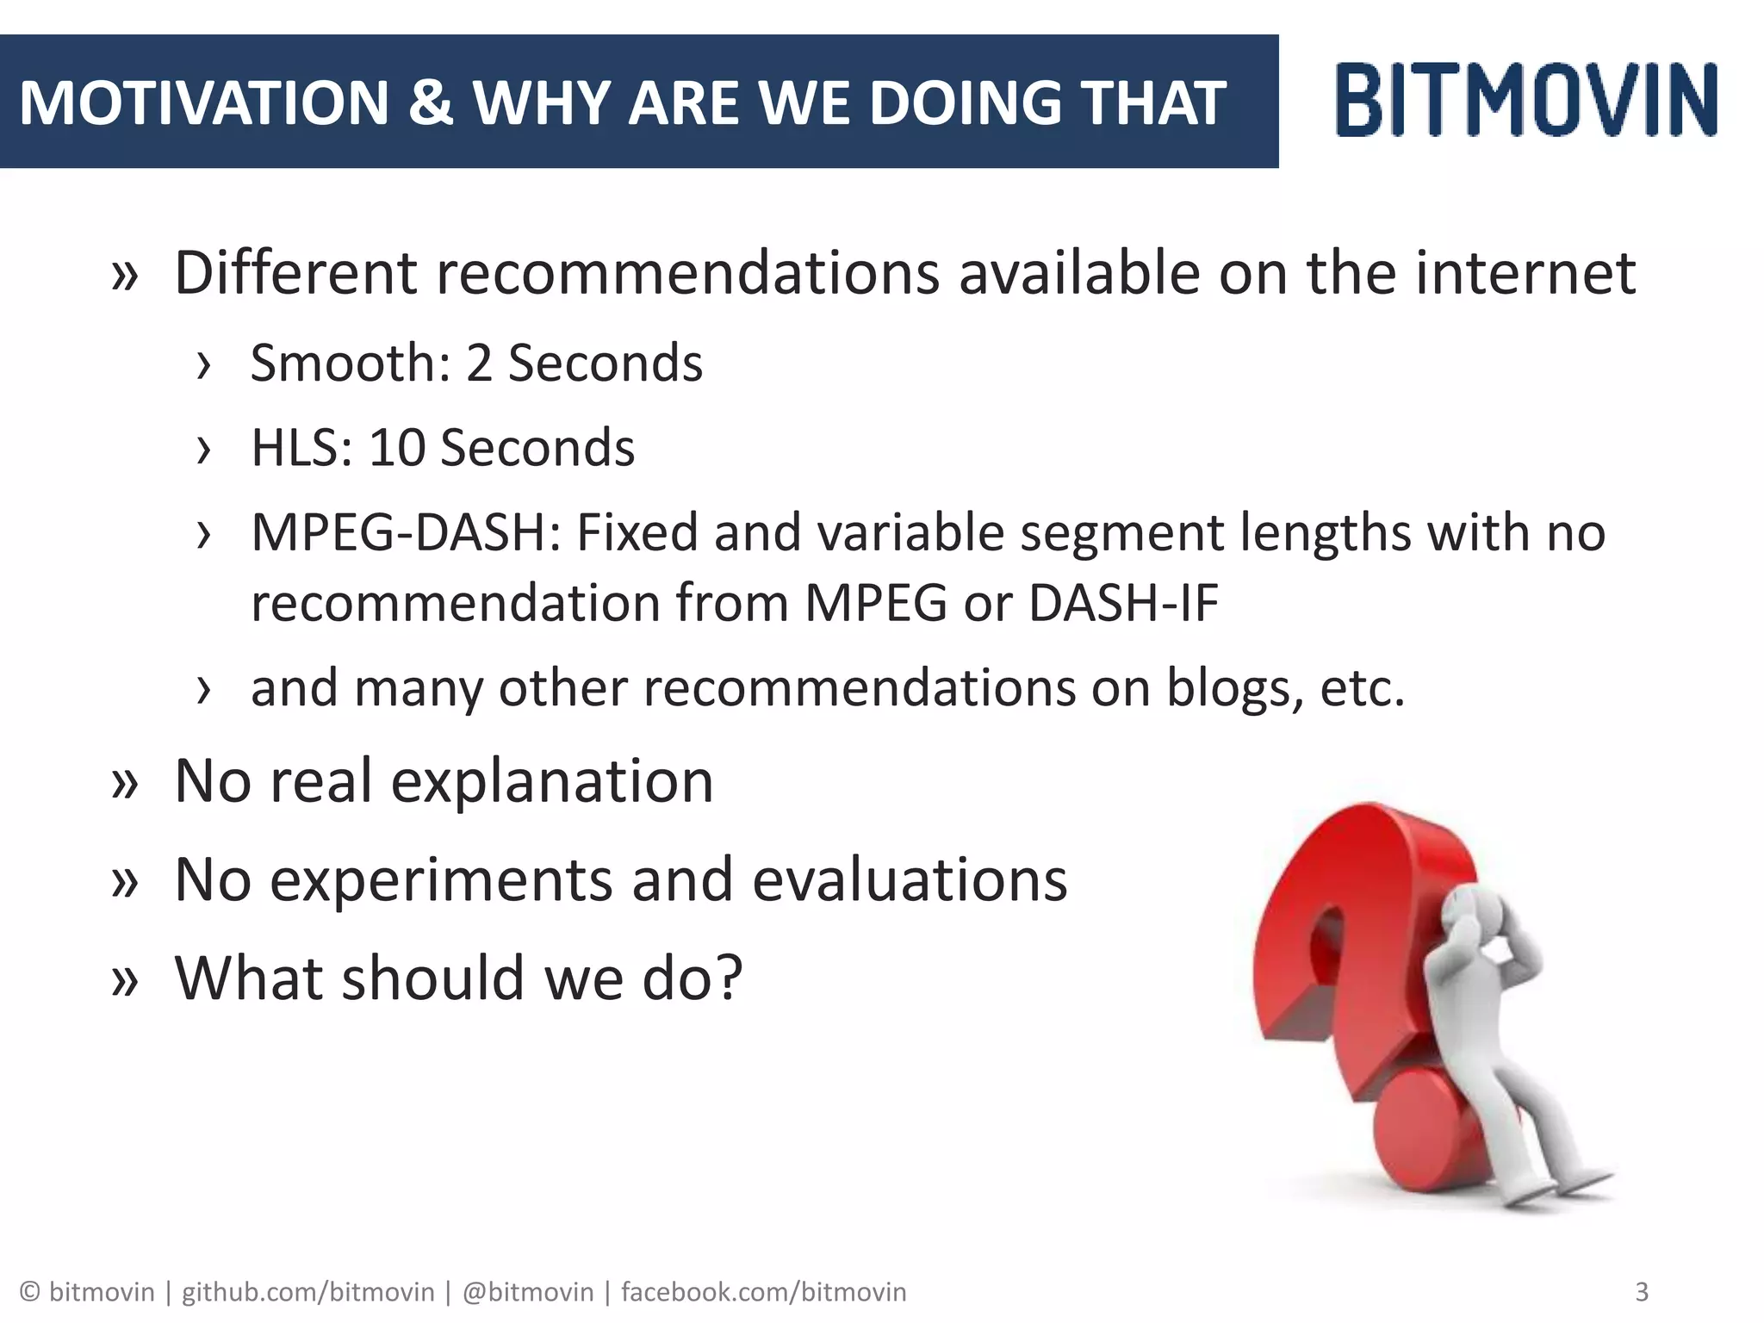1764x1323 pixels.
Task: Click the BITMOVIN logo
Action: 1526,100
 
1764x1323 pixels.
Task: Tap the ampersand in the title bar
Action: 430,102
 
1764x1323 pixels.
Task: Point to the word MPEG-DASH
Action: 406,532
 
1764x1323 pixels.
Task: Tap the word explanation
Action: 552,781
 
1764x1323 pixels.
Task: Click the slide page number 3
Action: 1642,1292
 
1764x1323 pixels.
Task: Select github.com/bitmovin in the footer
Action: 307,1292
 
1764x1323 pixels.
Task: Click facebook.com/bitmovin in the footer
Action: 763,1292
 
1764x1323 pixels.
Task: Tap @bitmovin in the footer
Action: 527,1292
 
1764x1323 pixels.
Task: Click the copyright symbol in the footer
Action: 30,1292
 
